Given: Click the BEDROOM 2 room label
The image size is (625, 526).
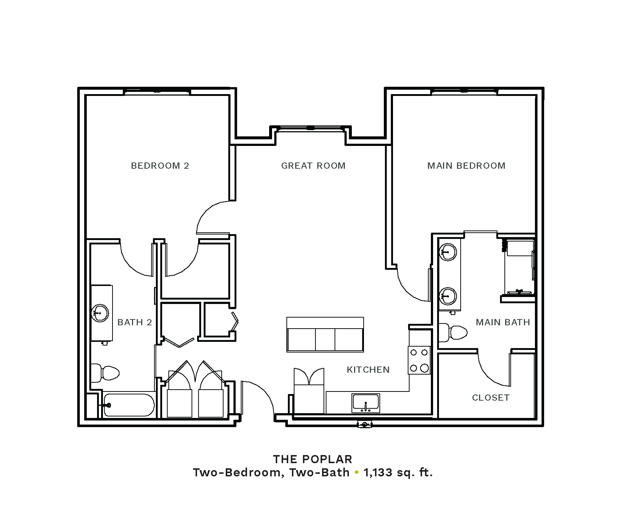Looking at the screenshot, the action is click(x=160, y=166).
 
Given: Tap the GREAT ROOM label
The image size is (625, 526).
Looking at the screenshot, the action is click(x=313, y=166).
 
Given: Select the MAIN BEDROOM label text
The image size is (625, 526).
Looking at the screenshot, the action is click(x=466, y=166).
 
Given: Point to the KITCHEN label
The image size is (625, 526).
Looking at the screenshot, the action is click(x=368, y=370).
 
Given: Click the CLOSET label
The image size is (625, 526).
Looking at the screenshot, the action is click(x=491, y=398).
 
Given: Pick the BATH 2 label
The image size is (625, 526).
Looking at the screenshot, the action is click(x=135, y=322).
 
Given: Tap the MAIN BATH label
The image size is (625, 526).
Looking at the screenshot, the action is click(x=503, y=322).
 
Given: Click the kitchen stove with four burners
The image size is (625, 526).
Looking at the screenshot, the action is click(x=419, y=360).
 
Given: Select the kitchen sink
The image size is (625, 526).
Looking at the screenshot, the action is click(x=365, y=403).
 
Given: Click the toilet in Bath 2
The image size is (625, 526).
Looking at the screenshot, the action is click(x=105, y=373).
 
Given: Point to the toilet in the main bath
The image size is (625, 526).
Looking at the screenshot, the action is click(x=453, y=333).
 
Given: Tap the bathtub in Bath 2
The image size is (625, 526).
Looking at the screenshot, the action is click(x=129, y=405).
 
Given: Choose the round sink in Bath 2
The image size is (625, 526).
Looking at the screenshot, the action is click(x=100, y=313).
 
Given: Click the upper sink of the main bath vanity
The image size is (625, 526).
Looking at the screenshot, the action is click(x=447, y=252).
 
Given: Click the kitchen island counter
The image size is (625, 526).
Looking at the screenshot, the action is click(x=325, y=334).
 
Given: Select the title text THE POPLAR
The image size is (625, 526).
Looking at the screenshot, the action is click(x=313, y=459).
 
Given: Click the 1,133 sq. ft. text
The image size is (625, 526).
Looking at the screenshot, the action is click(x=398, y=472).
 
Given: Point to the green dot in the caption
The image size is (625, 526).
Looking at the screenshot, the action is click(x=356, y=472).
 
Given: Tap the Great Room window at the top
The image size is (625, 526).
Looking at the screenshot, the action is click(x=311, y=128).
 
